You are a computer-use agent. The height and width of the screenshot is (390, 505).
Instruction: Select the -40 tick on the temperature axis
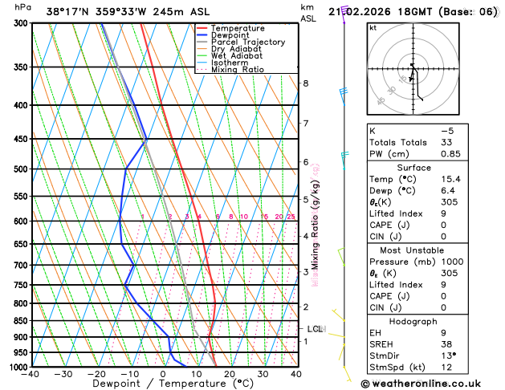coord(31,374)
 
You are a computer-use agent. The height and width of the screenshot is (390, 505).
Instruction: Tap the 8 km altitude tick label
coord(305,83)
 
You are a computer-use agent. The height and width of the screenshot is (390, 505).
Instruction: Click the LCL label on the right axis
coord(315,329)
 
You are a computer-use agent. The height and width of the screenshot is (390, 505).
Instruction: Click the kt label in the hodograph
coord(373,27)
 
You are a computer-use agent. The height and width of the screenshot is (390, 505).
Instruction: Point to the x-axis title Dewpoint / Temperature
coord(164,384)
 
